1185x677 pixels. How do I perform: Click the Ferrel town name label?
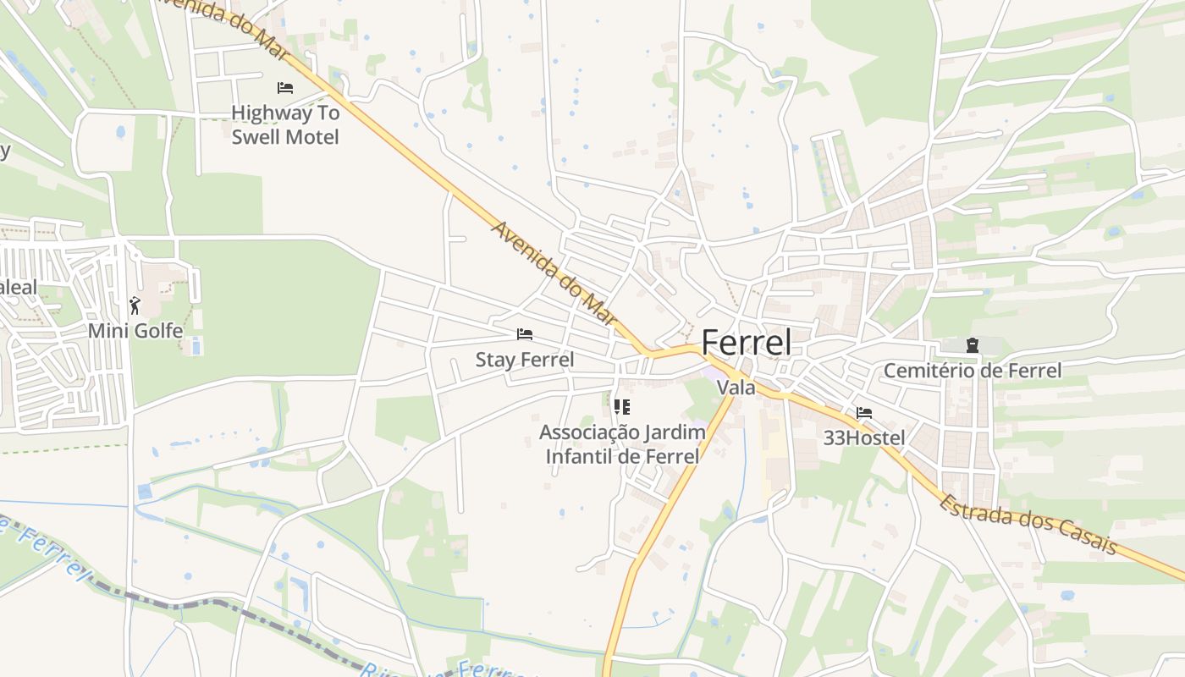747,344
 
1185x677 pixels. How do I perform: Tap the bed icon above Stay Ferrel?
525,335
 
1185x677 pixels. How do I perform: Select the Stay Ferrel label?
525,360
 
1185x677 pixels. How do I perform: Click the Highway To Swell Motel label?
285,124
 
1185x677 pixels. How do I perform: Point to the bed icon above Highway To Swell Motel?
285,88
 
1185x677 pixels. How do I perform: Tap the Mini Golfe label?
135,331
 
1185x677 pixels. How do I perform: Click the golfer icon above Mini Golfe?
135,305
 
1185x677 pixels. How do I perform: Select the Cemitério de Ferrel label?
972,371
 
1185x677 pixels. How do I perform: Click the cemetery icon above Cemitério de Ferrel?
972,345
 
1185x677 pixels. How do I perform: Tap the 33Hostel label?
864,438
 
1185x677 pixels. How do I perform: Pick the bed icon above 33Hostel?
864,413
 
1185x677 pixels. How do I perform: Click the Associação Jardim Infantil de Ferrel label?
622,444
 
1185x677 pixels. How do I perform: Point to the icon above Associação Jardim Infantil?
622,407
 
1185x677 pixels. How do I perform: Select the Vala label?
736,388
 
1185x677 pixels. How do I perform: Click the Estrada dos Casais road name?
1028,523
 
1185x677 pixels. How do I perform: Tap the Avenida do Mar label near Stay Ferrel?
553,272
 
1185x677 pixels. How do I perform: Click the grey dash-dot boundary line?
212,604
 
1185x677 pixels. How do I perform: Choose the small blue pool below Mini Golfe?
196,347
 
